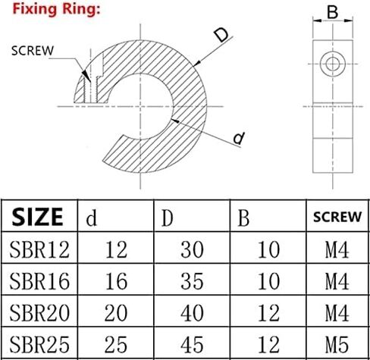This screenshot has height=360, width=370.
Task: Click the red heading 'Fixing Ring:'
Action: pos(56,9)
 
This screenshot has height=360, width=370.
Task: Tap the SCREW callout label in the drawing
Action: pos(33,51)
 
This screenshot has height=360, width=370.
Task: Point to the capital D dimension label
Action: pos(221,35)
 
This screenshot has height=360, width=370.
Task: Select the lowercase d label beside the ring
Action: pos(239,138)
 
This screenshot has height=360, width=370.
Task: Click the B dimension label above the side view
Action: pos(332,12)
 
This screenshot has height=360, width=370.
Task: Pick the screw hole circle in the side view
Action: pos(332,64)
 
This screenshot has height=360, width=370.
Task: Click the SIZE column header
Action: pos(37,217)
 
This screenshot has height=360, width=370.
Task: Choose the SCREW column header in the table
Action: pos(337,217)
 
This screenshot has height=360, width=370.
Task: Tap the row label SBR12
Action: pos(39,249)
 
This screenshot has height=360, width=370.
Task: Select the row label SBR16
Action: pos(39,281)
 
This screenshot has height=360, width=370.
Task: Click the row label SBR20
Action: pos(39,313)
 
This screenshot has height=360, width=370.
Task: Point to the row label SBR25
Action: pos(39,344)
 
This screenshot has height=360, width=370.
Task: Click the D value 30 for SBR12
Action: pos(192,249)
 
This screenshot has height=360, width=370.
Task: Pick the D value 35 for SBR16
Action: pos(192,281)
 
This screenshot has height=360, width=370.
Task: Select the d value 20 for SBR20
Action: pos(116,313)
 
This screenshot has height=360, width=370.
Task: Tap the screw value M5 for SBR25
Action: pos(337,344)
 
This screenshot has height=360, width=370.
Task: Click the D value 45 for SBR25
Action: pos(192,344)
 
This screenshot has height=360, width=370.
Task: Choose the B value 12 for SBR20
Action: pos(268,313)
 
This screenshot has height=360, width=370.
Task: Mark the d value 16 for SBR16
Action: pos(116,281)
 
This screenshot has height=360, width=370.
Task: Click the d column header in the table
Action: pos(92,218)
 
